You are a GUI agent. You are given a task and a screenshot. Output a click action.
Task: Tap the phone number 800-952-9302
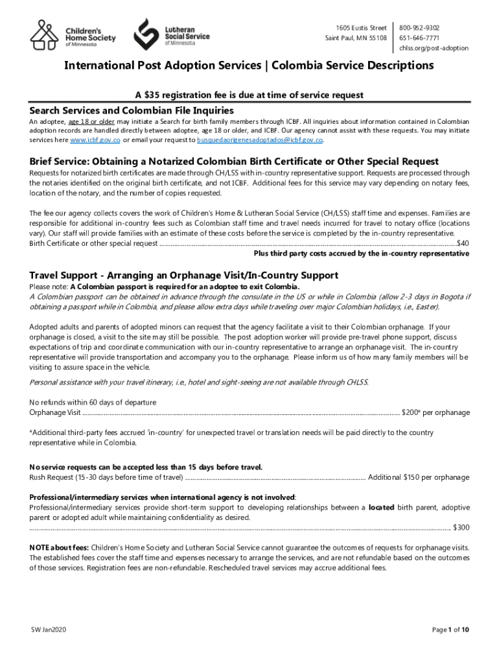[x=419, y=28]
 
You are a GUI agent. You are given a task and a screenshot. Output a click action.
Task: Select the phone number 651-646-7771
[x=419, y=38]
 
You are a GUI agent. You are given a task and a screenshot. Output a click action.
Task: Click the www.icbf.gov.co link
[x=95, y=140]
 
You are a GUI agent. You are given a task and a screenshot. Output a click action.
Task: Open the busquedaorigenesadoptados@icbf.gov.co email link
[x=260, y=140]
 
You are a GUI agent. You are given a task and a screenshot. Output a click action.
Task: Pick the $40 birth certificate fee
[x=463, y=243]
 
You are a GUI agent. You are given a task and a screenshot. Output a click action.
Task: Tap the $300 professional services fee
[x=461, y=527]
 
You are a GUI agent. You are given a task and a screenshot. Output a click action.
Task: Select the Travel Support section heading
[x=183, y=275]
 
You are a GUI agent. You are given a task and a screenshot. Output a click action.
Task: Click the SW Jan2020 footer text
[x=49, y=630]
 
